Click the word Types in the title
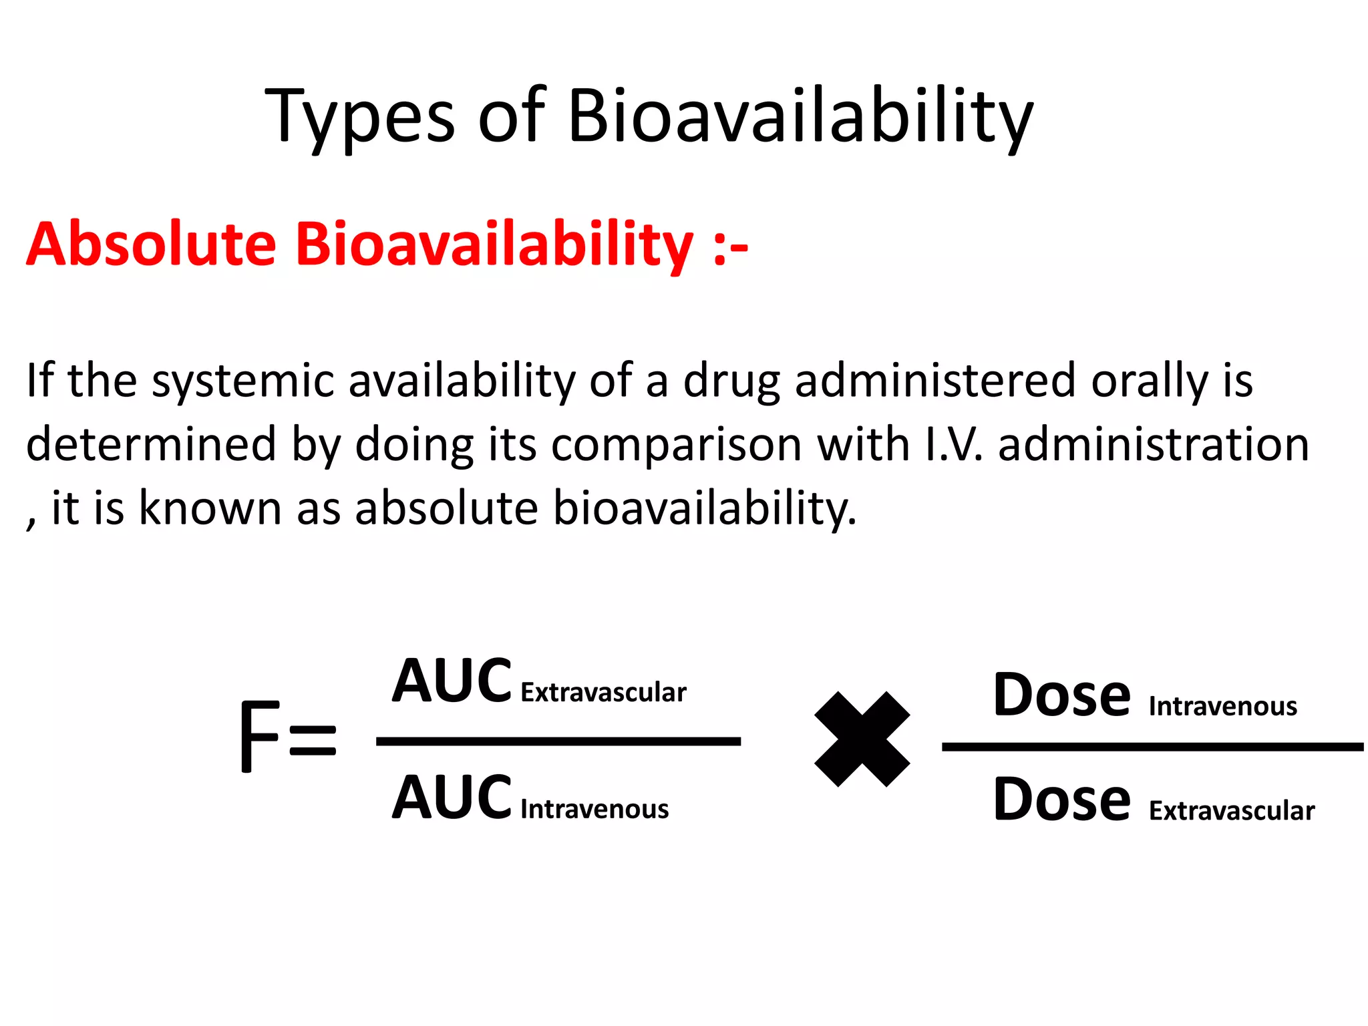(360, 118)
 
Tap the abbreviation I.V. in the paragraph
(954, 445)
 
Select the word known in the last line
(210, 508)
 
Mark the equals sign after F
(313, 739)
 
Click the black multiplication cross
(862, 739)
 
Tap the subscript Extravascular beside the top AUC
(603, 693)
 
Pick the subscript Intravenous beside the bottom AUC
(594, 810)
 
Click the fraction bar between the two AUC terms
(558, 741)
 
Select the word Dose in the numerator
(1061, 695)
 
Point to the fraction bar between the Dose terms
(1152, 747)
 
